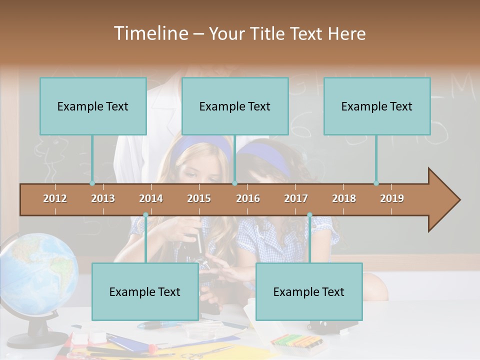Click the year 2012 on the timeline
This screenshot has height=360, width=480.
[55, 198]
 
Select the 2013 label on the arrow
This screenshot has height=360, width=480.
[103, 198]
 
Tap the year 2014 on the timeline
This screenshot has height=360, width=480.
[151, 198]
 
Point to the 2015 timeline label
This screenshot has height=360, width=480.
[199, 198]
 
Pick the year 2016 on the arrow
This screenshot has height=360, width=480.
[248, 198]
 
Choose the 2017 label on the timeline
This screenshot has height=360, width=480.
[296, 198]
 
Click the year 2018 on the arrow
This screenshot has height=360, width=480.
[344, 198]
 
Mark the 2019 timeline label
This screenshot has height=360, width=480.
[392, 198]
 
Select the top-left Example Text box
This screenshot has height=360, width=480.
[93, 106]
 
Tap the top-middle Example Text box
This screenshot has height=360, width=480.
[235, 106]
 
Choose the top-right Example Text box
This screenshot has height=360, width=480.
[377, 106]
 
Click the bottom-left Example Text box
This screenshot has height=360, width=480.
[145, 291]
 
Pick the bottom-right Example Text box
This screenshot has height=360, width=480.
[309, 291]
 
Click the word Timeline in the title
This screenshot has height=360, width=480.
[150, 33]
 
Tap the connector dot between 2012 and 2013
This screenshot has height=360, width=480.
[92, 183]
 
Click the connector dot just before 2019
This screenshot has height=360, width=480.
[376, 183]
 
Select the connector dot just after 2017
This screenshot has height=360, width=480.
[309, 215]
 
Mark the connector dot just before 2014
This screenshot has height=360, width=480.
[145, 215]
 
